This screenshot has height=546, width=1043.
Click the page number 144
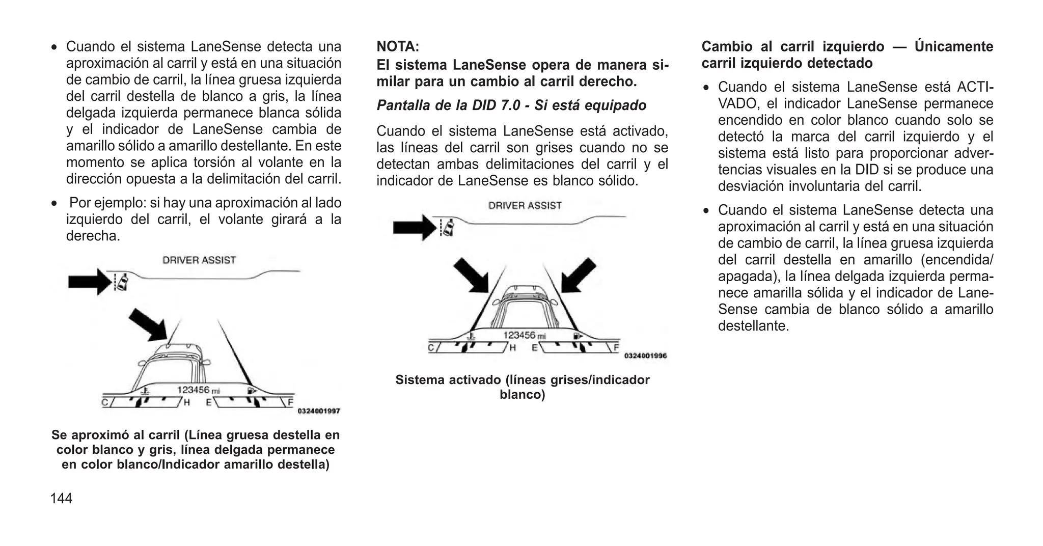click(61, 499)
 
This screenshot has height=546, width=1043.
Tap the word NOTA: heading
click(398, 47)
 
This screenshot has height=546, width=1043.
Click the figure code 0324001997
click(318, 411)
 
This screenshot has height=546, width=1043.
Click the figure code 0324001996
click(645, 356)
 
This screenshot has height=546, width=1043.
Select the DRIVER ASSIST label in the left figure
click(199, 260)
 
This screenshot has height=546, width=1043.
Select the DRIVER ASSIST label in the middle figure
click(525, 206)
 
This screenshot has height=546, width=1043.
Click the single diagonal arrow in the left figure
click(148, 324)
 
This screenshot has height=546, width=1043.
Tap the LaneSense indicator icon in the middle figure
click(448, 227)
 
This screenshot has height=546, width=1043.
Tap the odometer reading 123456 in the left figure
click(193, 390)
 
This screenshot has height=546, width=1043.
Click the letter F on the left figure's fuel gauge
click(290, 402)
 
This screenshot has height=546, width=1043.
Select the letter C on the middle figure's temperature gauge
click(431, 348)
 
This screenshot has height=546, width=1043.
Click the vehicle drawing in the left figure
click(173, 364)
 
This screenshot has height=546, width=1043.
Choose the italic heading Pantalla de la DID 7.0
click(511, 105)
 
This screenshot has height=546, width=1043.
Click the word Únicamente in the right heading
click(953, 47)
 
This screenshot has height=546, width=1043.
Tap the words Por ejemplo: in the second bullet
click(107, 203)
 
